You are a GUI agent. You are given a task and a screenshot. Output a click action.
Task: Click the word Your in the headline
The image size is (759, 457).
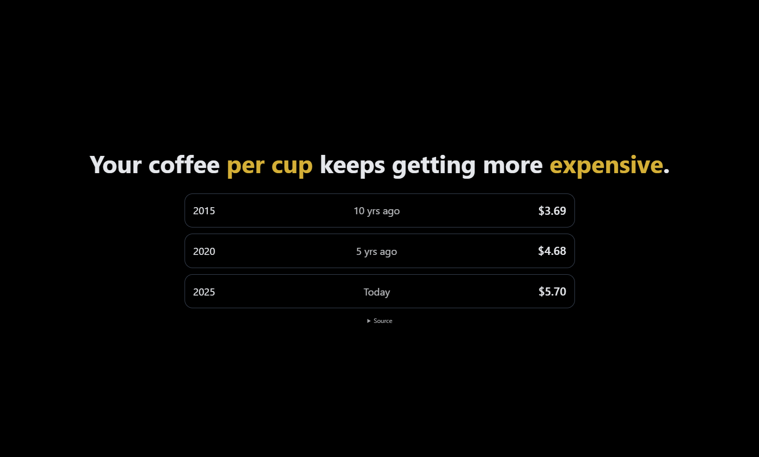[115, 165]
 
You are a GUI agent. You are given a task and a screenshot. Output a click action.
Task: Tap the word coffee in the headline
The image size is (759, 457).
[184, 165]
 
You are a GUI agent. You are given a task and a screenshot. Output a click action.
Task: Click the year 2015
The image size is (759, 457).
[204, 211]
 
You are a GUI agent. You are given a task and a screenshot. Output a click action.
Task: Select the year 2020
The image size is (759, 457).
[204, 251]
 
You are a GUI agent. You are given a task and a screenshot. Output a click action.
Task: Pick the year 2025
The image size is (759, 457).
[204, 292]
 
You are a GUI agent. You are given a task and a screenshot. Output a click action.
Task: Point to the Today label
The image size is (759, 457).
[377, 292]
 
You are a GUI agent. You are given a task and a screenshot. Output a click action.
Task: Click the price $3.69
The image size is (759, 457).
[552, 211]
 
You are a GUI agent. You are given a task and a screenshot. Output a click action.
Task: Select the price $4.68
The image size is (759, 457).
[552, 251]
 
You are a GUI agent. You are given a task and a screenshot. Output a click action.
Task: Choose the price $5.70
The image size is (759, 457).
[552, 291]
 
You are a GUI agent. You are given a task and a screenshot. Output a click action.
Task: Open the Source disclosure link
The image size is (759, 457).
[383, 321]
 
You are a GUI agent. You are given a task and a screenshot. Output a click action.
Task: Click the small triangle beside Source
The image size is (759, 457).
[369, 321]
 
